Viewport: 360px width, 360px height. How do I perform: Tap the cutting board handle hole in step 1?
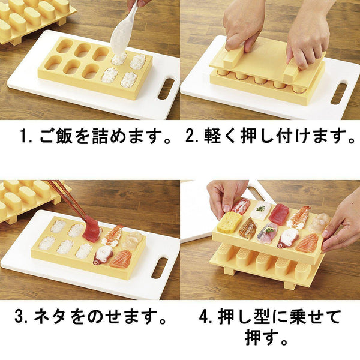click(x=166, y=88)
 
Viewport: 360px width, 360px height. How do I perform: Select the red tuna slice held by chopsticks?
click(x=91, y=229)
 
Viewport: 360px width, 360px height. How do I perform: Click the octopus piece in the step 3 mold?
click(x=103, y=254)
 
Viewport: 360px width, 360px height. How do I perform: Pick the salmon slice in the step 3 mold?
click(x=122, y=258)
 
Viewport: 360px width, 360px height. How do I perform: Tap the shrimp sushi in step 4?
click(x=298, y=217)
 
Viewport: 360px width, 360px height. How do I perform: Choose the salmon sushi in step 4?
click(x=307, y=242)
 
